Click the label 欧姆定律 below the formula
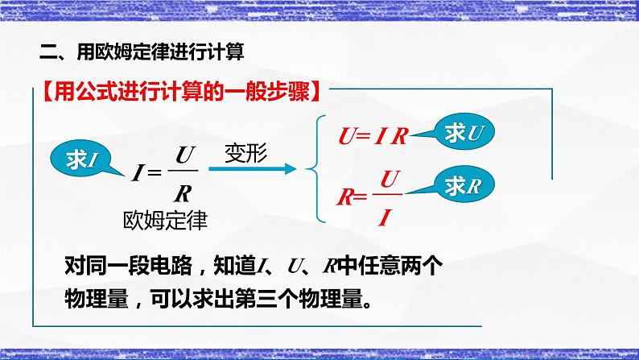pyautogui.click(x=166, y=219)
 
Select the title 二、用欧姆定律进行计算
pyautogui.click(x=142, y=52)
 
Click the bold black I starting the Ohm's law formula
pyautogui.click(x=138, y=171)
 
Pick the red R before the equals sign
pyautogui.click(x=344, y=197)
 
